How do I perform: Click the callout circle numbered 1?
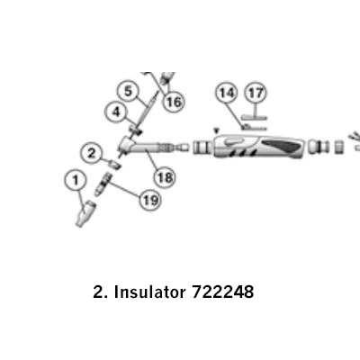tap(76, 180)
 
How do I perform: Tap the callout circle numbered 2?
tap(92, 153)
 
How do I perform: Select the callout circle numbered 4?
tap(116, 112)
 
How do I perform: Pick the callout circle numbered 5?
tap(128, 91)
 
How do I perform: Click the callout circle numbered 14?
tap(227, 93)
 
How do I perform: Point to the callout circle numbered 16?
tap(174, 102)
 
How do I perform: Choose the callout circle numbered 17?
tap(256, 93)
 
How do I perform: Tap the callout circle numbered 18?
tap(165, 177)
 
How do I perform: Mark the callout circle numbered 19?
tap(150, 199)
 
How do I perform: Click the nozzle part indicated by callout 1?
tap(85, 214)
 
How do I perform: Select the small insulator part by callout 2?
tap(114, 165)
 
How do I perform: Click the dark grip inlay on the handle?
tap(282, 147)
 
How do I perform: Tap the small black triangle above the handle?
tap(216, 130)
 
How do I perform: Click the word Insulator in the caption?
tap(149, 292)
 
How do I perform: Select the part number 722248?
tap(222, 292)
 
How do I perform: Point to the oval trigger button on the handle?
tap(235, 142)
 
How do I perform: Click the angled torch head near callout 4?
tap(127, 144)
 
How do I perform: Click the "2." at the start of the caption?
tap(100, 292)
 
